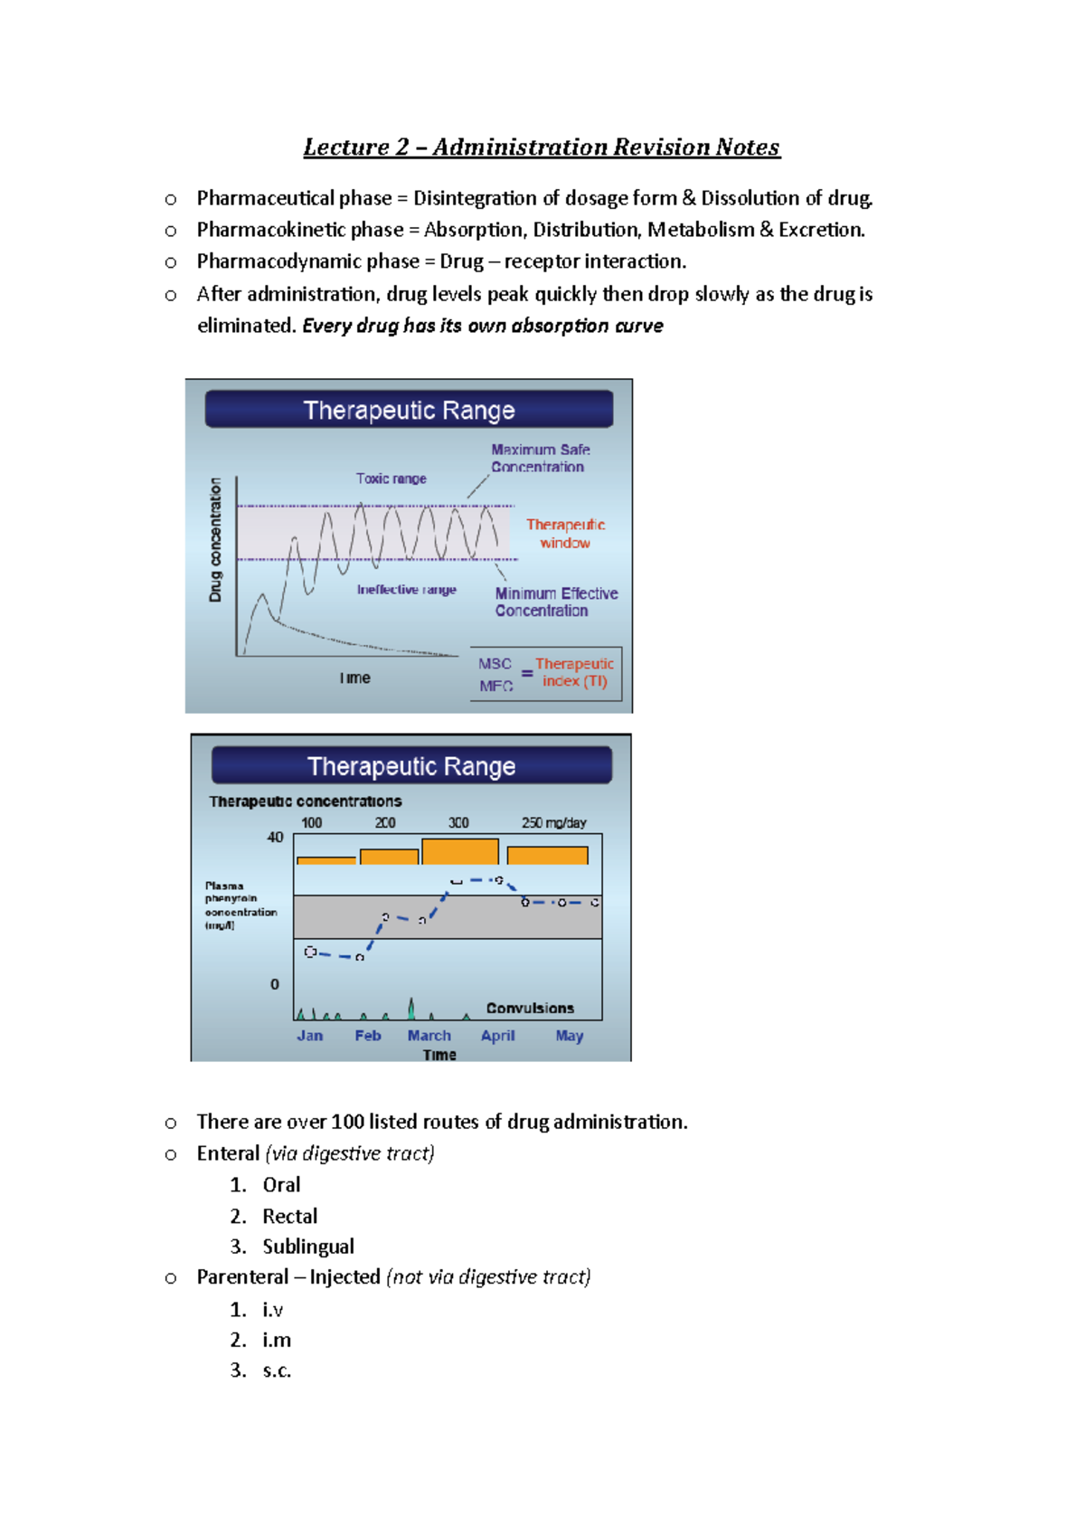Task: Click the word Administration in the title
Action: pyautogui.click(x=520, y=147)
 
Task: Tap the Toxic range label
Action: pyautogui.click(x=391, y=479)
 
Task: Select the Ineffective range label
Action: pyautogui.click(x=406, y=590)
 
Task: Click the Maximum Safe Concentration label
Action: pyautogui.click(x=540, y=458)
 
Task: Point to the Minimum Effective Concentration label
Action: pyautogui.click(x=555, y=602)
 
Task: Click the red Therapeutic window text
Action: pyautogui.click(x=565, y=534)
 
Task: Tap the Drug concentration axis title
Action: pyautogui.click(x=215, y=540)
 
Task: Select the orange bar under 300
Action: pyautogui.click(x=459, y=851)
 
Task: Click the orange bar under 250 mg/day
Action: pyautogui.click(x=547, y=855)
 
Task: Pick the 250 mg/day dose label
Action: pyautogui.click(x=553, y=822)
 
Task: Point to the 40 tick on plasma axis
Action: pyautogui.click(x=275, y=838)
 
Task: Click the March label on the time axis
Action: pyautogui.click(x=429, y=1036)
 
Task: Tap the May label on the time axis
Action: pyautogui.click(x=569, y=1036)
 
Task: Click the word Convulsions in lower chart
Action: pyautogui.click(x=530, y=1008)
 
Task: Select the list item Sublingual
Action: pyautogui.click(x=308, y=1247)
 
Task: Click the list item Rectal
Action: pyautogui.click(x=289, y=1216)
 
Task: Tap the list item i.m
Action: pyautogui.click(x=277, y=1340)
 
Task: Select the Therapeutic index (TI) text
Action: pyautogui.click(x=574, y=672)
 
